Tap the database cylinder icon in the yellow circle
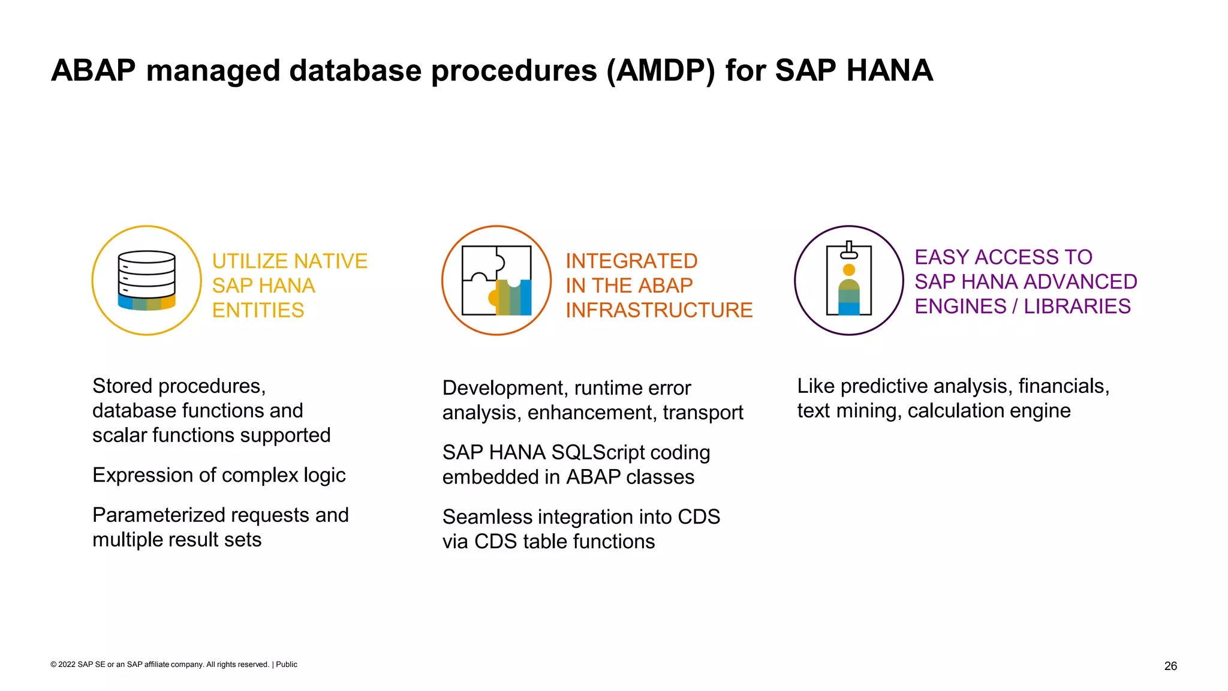pyautogui.click(x=147, y=280)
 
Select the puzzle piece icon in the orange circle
pyautogui.click(x=496, y=280)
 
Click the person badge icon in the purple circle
pyautogui.click(x=848, y=280)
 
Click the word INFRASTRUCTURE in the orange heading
pyautogui.click(x=659, y=310)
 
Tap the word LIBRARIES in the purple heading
pyautogui.click(x=1077, y=307)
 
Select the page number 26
pyautogui.click(x=1170, y=666)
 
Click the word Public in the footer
pyautogui.click(x=287, y=665)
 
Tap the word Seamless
pyautogui.click(x=477, y=517)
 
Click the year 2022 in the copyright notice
pyautogui.click(x=67, y=665)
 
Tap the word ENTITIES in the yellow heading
pyautogui.click(x=258, y=311)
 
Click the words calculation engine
pyautogui.click(x=989, y=411)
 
